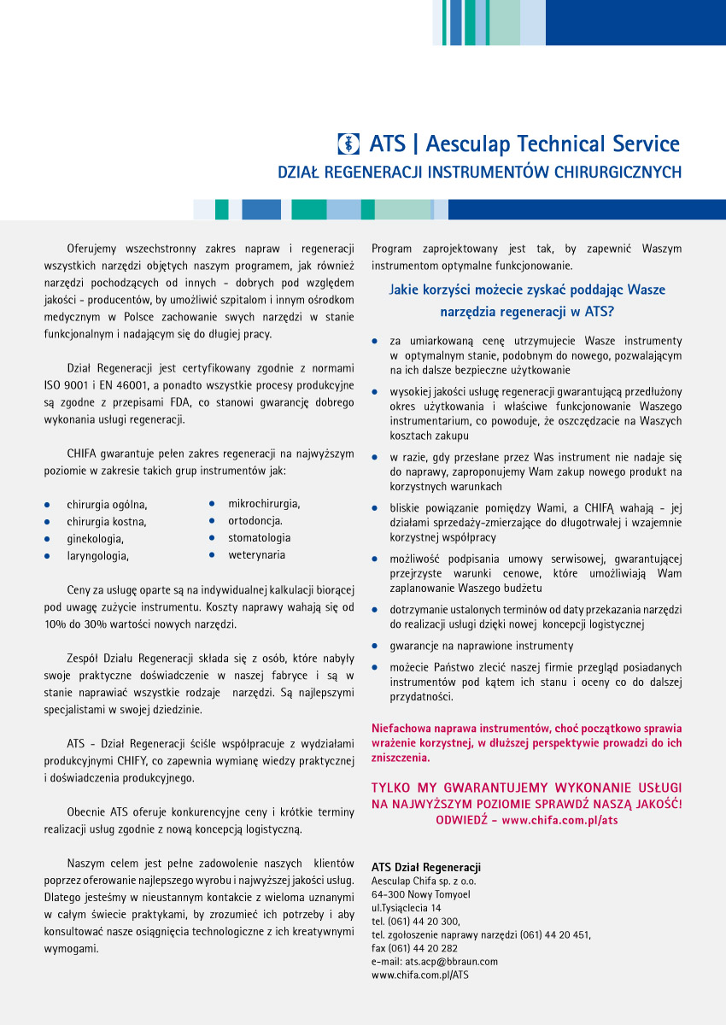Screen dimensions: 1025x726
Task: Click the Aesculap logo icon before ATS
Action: tap(349, 143)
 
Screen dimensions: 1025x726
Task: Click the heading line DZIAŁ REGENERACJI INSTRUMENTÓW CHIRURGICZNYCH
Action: tap(480, 173)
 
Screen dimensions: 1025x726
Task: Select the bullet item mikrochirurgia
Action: tap(264, 504)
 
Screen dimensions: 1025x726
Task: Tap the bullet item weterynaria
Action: tap(257, 555)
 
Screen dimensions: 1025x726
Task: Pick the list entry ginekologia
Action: tap(96, 539)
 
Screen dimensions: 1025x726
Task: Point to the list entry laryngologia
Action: tap(98, 556)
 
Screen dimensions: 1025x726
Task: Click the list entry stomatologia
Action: tap(259, 538)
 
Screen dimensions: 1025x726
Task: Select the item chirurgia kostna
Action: tap(107, 522)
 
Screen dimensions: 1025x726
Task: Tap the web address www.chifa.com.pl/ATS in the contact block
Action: tap(420, 975)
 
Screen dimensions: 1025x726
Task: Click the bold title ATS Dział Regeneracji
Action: tap(426, 868)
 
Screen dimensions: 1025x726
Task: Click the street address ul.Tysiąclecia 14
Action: tap(407, 908)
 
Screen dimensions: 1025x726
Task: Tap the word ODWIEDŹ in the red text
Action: tap(461, 820)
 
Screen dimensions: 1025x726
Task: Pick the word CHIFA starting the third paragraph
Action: tap(85, 454)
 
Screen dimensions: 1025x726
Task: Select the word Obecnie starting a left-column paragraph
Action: tap(86, 811)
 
